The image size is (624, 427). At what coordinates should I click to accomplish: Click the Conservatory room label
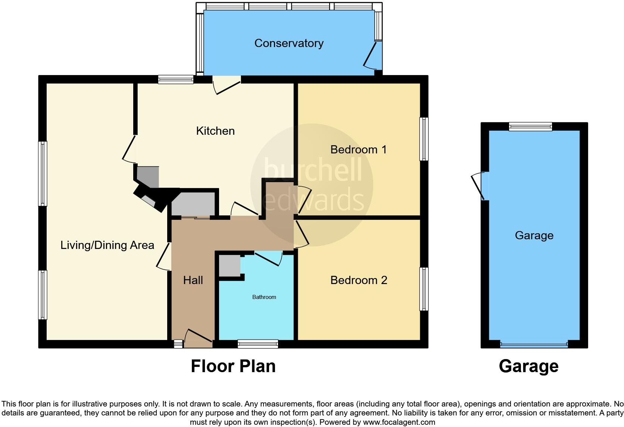tap(289, 43)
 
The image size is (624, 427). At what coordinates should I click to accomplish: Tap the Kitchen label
tap(215, 131)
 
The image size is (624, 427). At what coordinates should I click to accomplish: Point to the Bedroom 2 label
tap(359, 280)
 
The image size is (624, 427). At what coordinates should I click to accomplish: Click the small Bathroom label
tap(264, 297)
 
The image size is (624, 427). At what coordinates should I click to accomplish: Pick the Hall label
tap(193, 280)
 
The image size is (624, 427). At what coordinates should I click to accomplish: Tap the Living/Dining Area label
tap(107, 245)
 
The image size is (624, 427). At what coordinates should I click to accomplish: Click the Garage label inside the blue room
tap(534, 236)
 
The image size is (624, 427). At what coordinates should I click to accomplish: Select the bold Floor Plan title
tap(233, 366)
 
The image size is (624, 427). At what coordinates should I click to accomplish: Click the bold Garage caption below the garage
tap(528, 366)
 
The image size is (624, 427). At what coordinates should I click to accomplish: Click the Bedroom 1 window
tap(424, 139)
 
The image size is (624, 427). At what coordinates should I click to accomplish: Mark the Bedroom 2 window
tap(424, 289)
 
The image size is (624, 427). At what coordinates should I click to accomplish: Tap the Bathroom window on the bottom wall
tap(258, 344)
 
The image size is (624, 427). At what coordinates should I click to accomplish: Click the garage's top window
tap(530, 127)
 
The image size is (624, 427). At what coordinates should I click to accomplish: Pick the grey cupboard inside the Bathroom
tap(229, 266)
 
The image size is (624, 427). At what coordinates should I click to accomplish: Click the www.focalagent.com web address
tap(399, 423)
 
